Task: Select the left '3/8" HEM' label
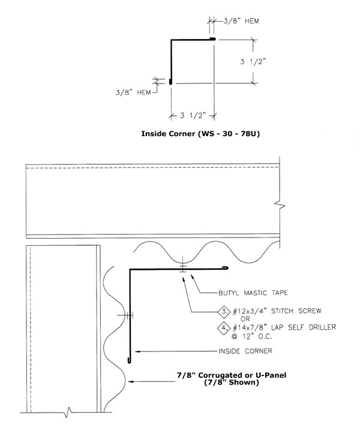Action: pyautogui.click(x=133, y=92)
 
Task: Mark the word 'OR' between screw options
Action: pyautogui.click(x=245, y=318)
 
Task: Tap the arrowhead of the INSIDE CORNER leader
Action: pyautogui.click(x=137, y=351)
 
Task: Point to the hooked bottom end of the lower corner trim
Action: pyautogui.click(x=129, y=361)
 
